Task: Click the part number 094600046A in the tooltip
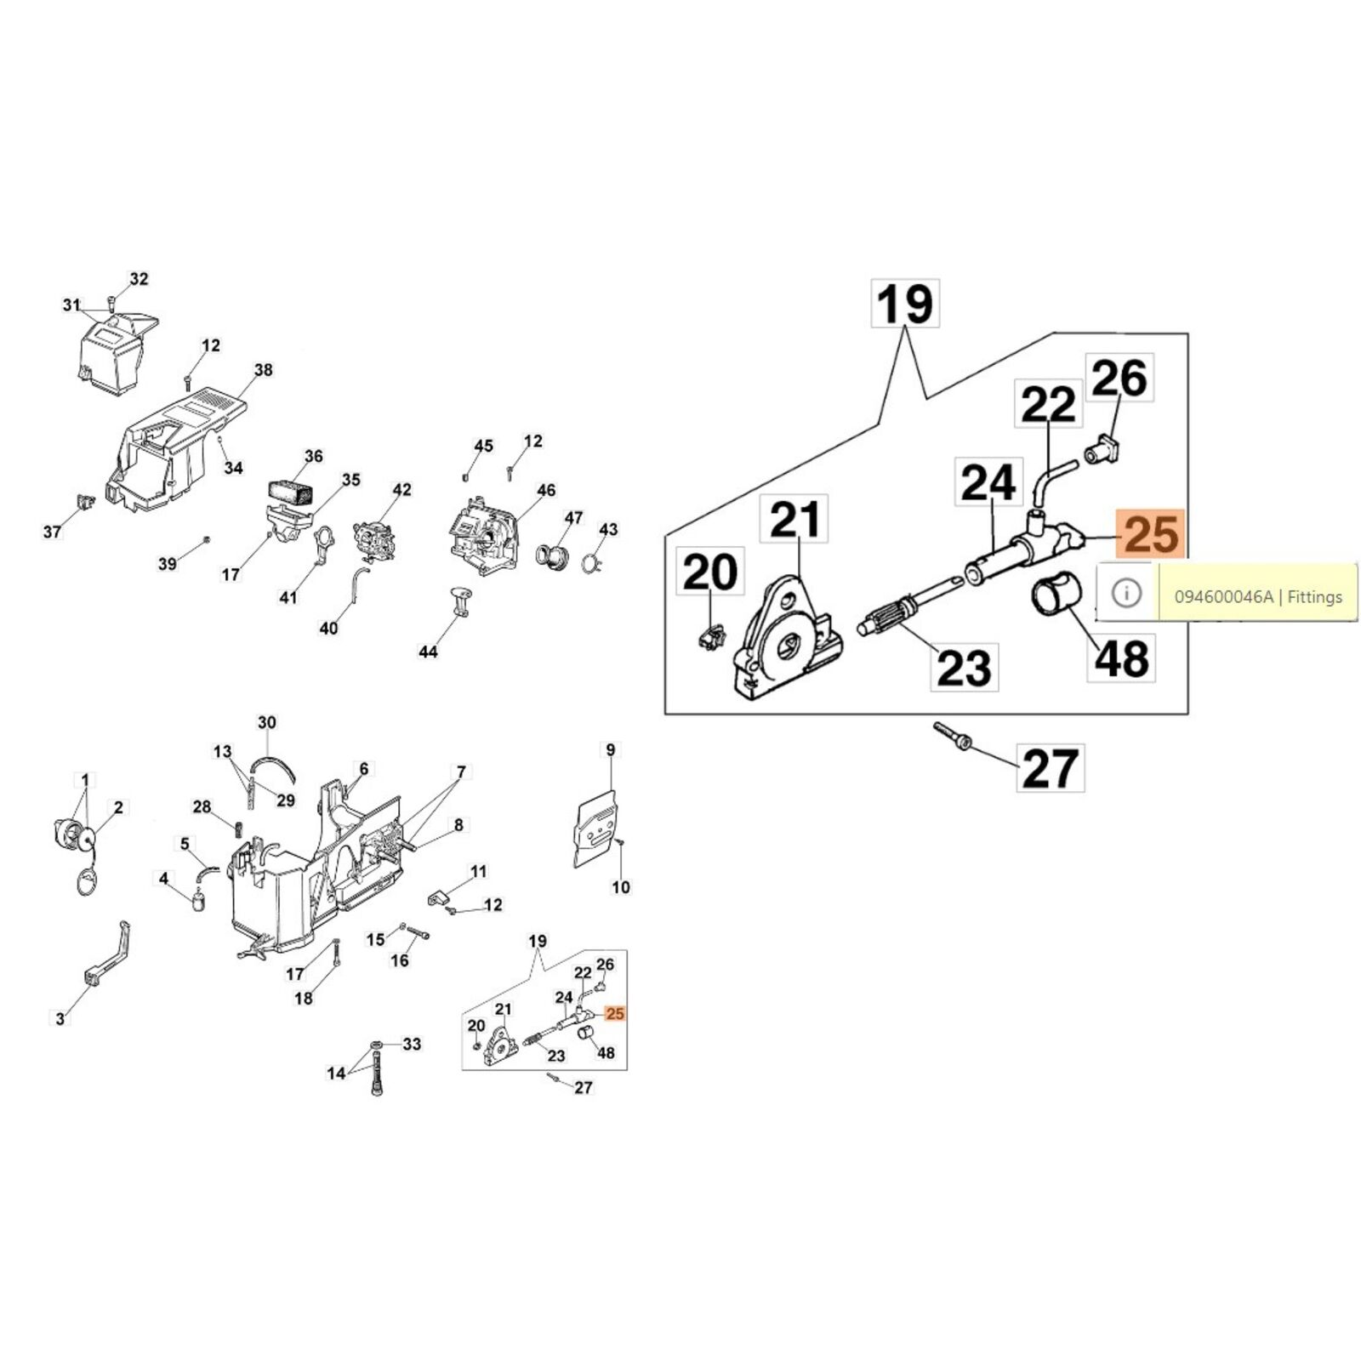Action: (x=1223, y=596)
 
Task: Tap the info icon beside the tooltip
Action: (x=1127, y=593)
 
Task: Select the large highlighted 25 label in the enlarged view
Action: (x=1152, y=535)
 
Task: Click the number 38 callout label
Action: (x=263, y=370)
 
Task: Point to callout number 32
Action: (x=139, y=279)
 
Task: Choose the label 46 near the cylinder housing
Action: (x=546, y=490)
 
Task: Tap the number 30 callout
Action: (x=267, y=723)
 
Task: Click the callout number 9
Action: (x=610, y=749)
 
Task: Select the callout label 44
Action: (x=428, y=652)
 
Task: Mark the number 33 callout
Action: (x=412, y=1044)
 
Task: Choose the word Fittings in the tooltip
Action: (x=1315, y=597)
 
